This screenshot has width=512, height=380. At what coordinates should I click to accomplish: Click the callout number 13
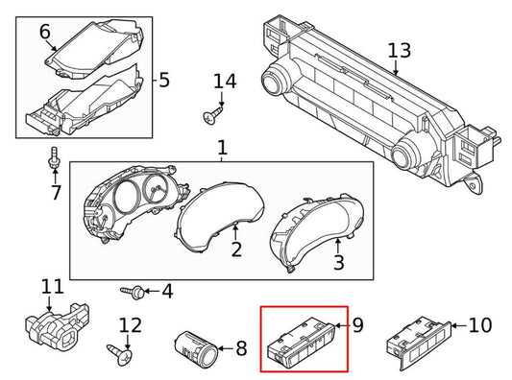398,50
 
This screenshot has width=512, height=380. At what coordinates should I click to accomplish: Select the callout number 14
224,82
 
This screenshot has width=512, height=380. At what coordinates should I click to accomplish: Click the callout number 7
55,192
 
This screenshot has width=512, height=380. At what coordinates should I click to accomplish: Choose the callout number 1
222,149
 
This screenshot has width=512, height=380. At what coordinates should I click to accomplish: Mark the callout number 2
235,250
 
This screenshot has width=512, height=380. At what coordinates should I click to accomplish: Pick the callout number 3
337,262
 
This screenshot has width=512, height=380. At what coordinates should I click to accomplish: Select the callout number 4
166,290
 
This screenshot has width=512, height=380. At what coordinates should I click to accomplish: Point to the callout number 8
240,348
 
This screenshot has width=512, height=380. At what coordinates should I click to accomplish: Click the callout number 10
478,325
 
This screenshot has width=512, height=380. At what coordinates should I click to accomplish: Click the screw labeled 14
208,117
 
